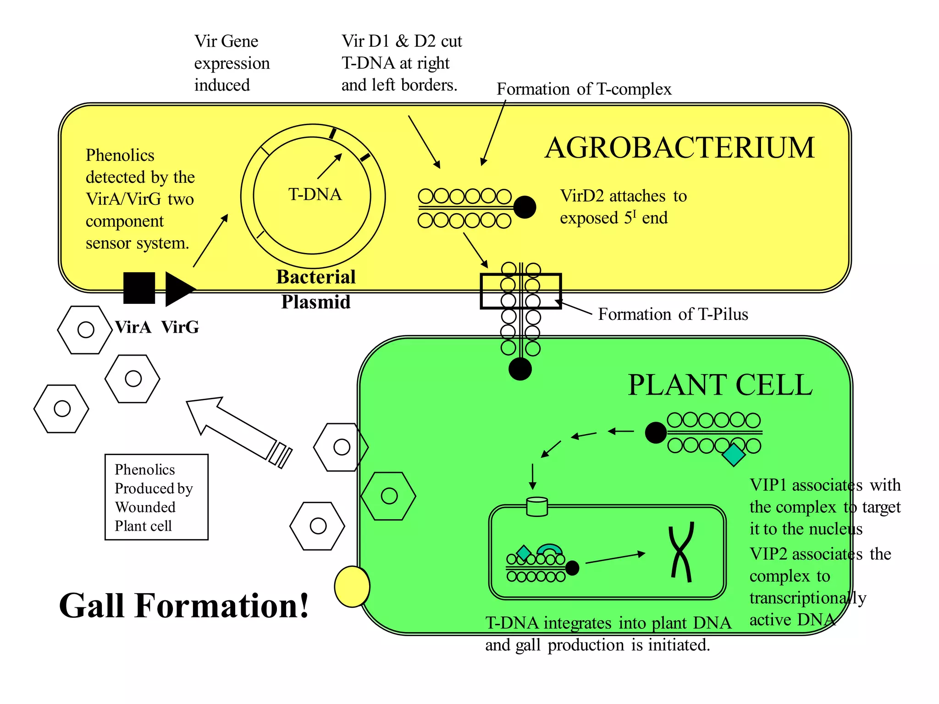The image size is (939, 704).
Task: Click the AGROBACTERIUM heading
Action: click(679, 148)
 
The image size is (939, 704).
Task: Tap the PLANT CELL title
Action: click(720, 385)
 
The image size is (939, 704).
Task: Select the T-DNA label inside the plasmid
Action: click(315, 194)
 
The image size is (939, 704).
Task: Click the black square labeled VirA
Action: click(139, 288)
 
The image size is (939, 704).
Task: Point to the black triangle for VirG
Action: click(177, 289)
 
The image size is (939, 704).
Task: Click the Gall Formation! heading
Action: click(184, 606)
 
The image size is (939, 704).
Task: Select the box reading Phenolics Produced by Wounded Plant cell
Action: click(156, 497)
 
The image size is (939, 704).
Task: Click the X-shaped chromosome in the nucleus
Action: click(681, 552)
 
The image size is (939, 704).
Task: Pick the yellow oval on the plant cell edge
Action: click(352, 586)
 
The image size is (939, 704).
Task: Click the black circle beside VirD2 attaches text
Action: click(525, 207)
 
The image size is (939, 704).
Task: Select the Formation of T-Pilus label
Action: click(673, 314)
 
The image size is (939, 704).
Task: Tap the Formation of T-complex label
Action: click(584, 89)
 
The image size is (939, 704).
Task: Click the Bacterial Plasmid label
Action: click(315, 289)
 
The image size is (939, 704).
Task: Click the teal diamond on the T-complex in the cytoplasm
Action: click(733, 455)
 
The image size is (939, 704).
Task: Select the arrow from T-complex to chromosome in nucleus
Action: click(615, 558)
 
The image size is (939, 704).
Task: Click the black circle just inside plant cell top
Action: click(520, 369)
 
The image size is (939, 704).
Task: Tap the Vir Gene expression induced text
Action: click(232, 63)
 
